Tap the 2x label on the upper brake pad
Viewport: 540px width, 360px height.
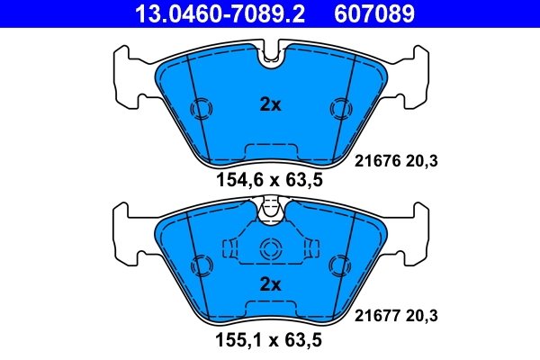[x=270, y=104]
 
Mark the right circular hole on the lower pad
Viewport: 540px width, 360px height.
[x=340, y=266]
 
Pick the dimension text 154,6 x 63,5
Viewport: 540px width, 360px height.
[x=269, y=179]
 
